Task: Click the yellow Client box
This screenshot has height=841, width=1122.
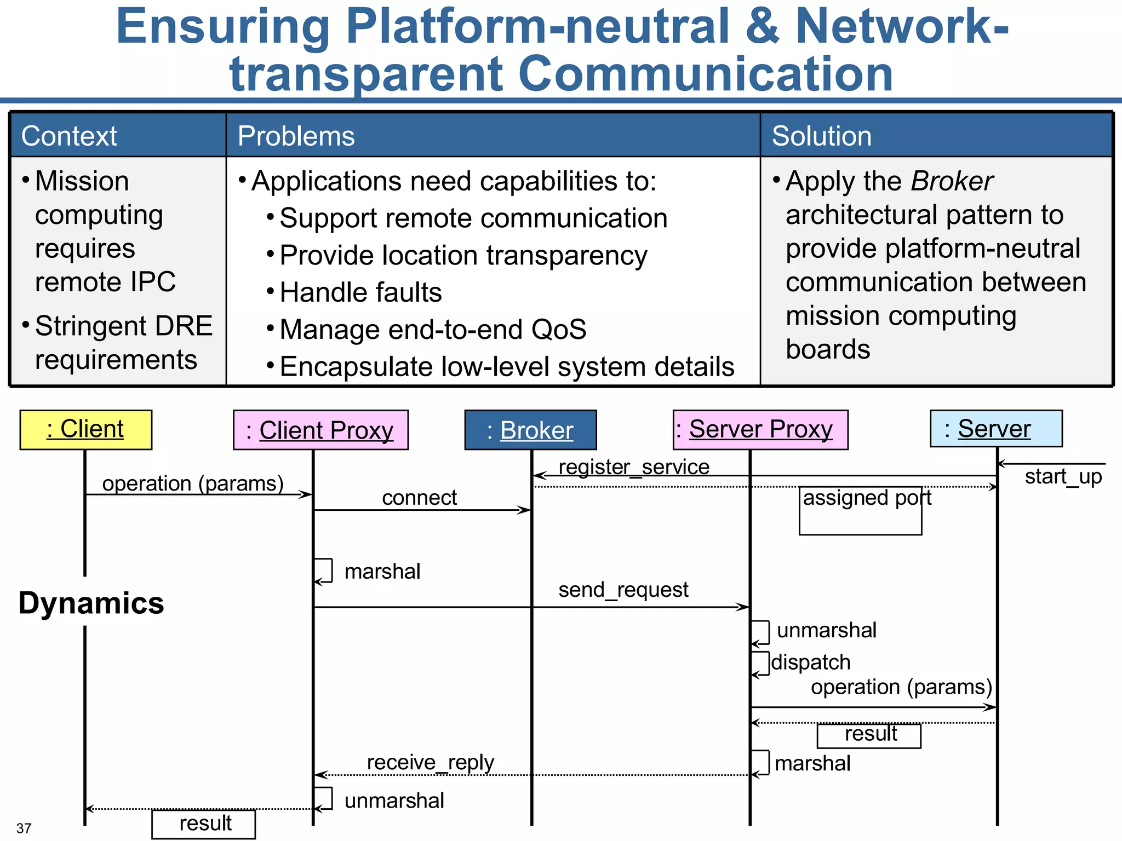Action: (x=85, y=429)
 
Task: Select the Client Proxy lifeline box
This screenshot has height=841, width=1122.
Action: (x=320, y=430)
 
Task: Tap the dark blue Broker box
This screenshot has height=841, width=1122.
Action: (x=530, y=430)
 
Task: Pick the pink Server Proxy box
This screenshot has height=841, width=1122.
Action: (x=760, y=430)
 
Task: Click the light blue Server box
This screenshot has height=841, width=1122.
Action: (x=995, y=429)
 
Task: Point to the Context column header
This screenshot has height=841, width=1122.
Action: (x=69, y=136)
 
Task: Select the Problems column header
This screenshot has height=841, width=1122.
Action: (x=296, y=136)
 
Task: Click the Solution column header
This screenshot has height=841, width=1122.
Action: (x=821, y=136)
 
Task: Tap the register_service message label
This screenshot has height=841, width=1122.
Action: (x=634, y=467)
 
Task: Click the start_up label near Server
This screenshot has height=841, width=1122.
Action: (x=1063, y=477)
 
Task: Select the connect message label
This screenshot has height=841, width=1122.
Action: (x=419, y=498)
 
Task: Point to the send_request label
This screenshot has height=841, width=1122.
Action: (x=623, y=590)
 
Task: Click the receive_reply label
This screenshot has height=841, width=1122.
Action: (x=430, y=762)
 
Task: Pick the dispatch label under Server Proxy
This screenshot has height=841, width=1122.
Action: (x=811, y=663)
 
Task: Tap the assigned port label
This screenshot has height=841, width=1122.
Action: (x=866, y=498)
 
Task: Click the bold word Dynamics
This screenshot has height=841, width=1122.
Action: (x=91, y=603)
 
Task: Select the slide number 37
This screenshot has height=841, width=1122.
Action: (x=24, y=828)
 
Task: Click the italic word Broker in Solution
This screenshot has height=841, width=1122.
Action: (x=952, y=181)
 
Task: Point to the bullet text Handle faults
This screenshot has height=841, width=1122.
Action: (x=360, y=292)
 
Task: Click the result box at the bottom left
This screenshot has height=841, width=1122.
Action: (x=204, y=823)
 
